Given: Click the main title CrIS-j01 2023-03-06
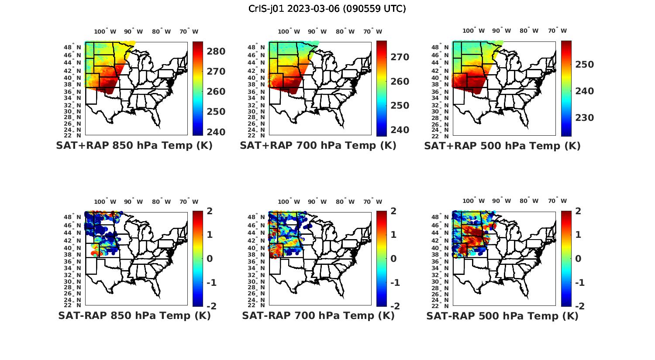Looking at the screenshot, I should coord(327,9).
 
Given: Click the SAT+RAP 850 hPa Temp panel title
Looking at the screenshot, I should coord(134,146).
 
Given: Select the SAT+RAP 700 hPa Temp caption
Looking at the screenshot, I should coord(318,146).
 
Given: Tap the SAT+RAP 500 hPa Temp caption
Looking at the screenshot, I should coord(502,146).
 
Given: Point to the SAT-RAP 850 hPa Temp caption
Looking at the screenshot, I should coord(134,316).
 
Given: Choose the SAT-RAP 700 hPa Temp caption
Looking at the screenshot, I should coord(318,316).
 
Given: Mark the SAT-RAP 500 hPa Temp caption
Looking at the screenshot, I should coord(502,316).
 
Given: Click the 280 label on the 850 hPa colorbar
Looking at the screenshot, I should coord(216,51).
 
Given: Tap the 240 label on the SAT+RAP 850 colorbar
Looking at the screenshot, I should coord(216,132).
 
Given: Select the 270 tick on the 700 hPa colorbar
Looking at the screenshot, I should coord(400,57).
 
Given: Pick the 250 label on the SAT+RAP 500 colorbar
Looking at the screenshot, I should coord(584,65).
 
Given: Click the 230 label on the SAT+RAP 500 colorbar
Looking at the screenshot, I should coord(584,118).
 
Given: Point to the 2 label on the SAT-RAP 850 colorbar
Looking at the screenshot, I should coord(210,211).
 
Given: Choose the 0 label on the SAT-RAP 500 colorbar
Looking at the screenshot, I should coord(578,258).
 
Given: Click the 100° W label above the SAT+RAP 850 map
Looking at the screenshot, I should coord(105,31).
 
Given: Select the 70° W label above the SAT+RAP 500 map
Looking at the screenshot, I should coord(558,31).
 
